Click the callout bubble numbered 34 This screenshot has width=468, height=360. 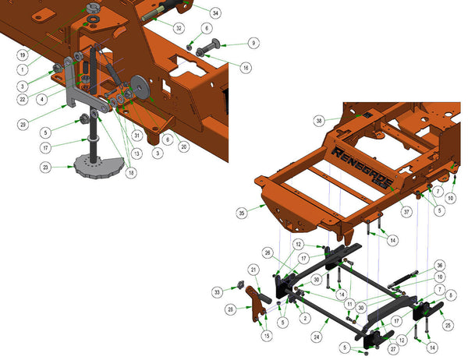coord(215,12)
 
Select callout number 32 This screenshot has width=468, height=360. coord(179,28)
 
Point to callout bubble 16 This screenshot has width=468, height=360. coord(246,68)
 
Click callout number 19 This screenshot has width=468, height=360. coord(23,55)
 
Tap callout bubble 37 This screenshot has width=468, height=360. coord(405,211)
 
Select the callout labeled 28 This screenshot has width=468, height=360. coord(231,309)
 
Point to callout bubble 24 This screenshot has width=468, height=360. coord(316,338)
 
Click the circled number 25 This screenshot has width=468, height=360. coord(448,324)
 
